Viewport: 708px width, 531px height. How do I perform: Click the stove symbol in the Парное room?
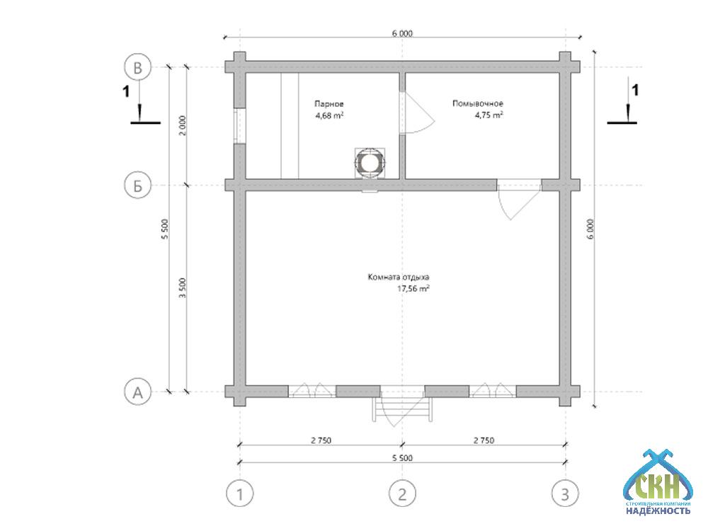click(x=369, y=162)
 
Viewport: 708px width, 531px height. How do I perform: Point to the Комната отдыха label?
click(x=399, y=278)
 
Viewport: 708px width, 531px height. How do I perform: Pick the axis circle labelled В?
click(x=137, y=68)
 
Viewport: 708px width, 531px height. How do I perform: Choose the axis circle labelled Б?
click(x=137, y=186)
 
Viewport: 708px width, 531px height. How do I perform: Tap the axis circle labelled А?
click(x=137, y=391)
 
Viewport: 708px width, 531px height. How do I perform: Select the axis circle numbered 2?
click(x=402, y=493)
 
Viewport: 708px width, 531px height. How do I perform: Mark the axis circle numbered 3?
click(x=565, y=493)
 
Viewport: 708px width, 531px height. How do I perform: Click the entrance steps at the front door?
click(x=402, y=409)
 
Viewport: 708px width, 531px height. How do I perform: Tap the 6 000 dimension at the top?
click(x=402, y=33)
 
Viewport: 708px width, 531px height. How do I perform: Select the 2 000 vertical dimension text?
click(x=182, y=125)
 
